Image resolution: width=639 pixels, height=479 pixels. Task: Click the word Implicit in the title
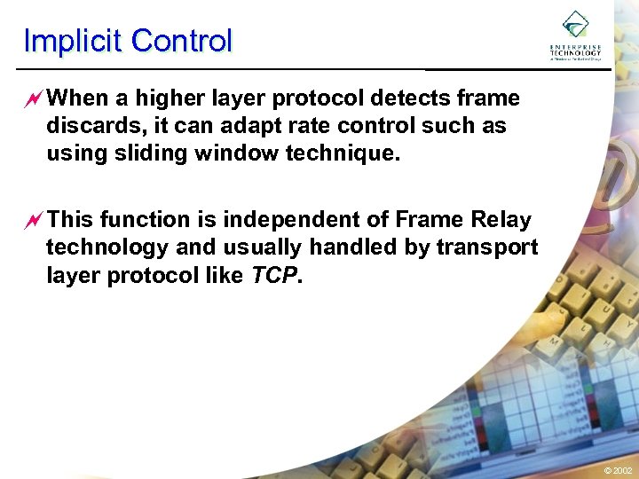pos(74,41)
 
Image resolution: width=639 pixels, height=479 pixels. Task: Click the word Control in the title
pos(181,41)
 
